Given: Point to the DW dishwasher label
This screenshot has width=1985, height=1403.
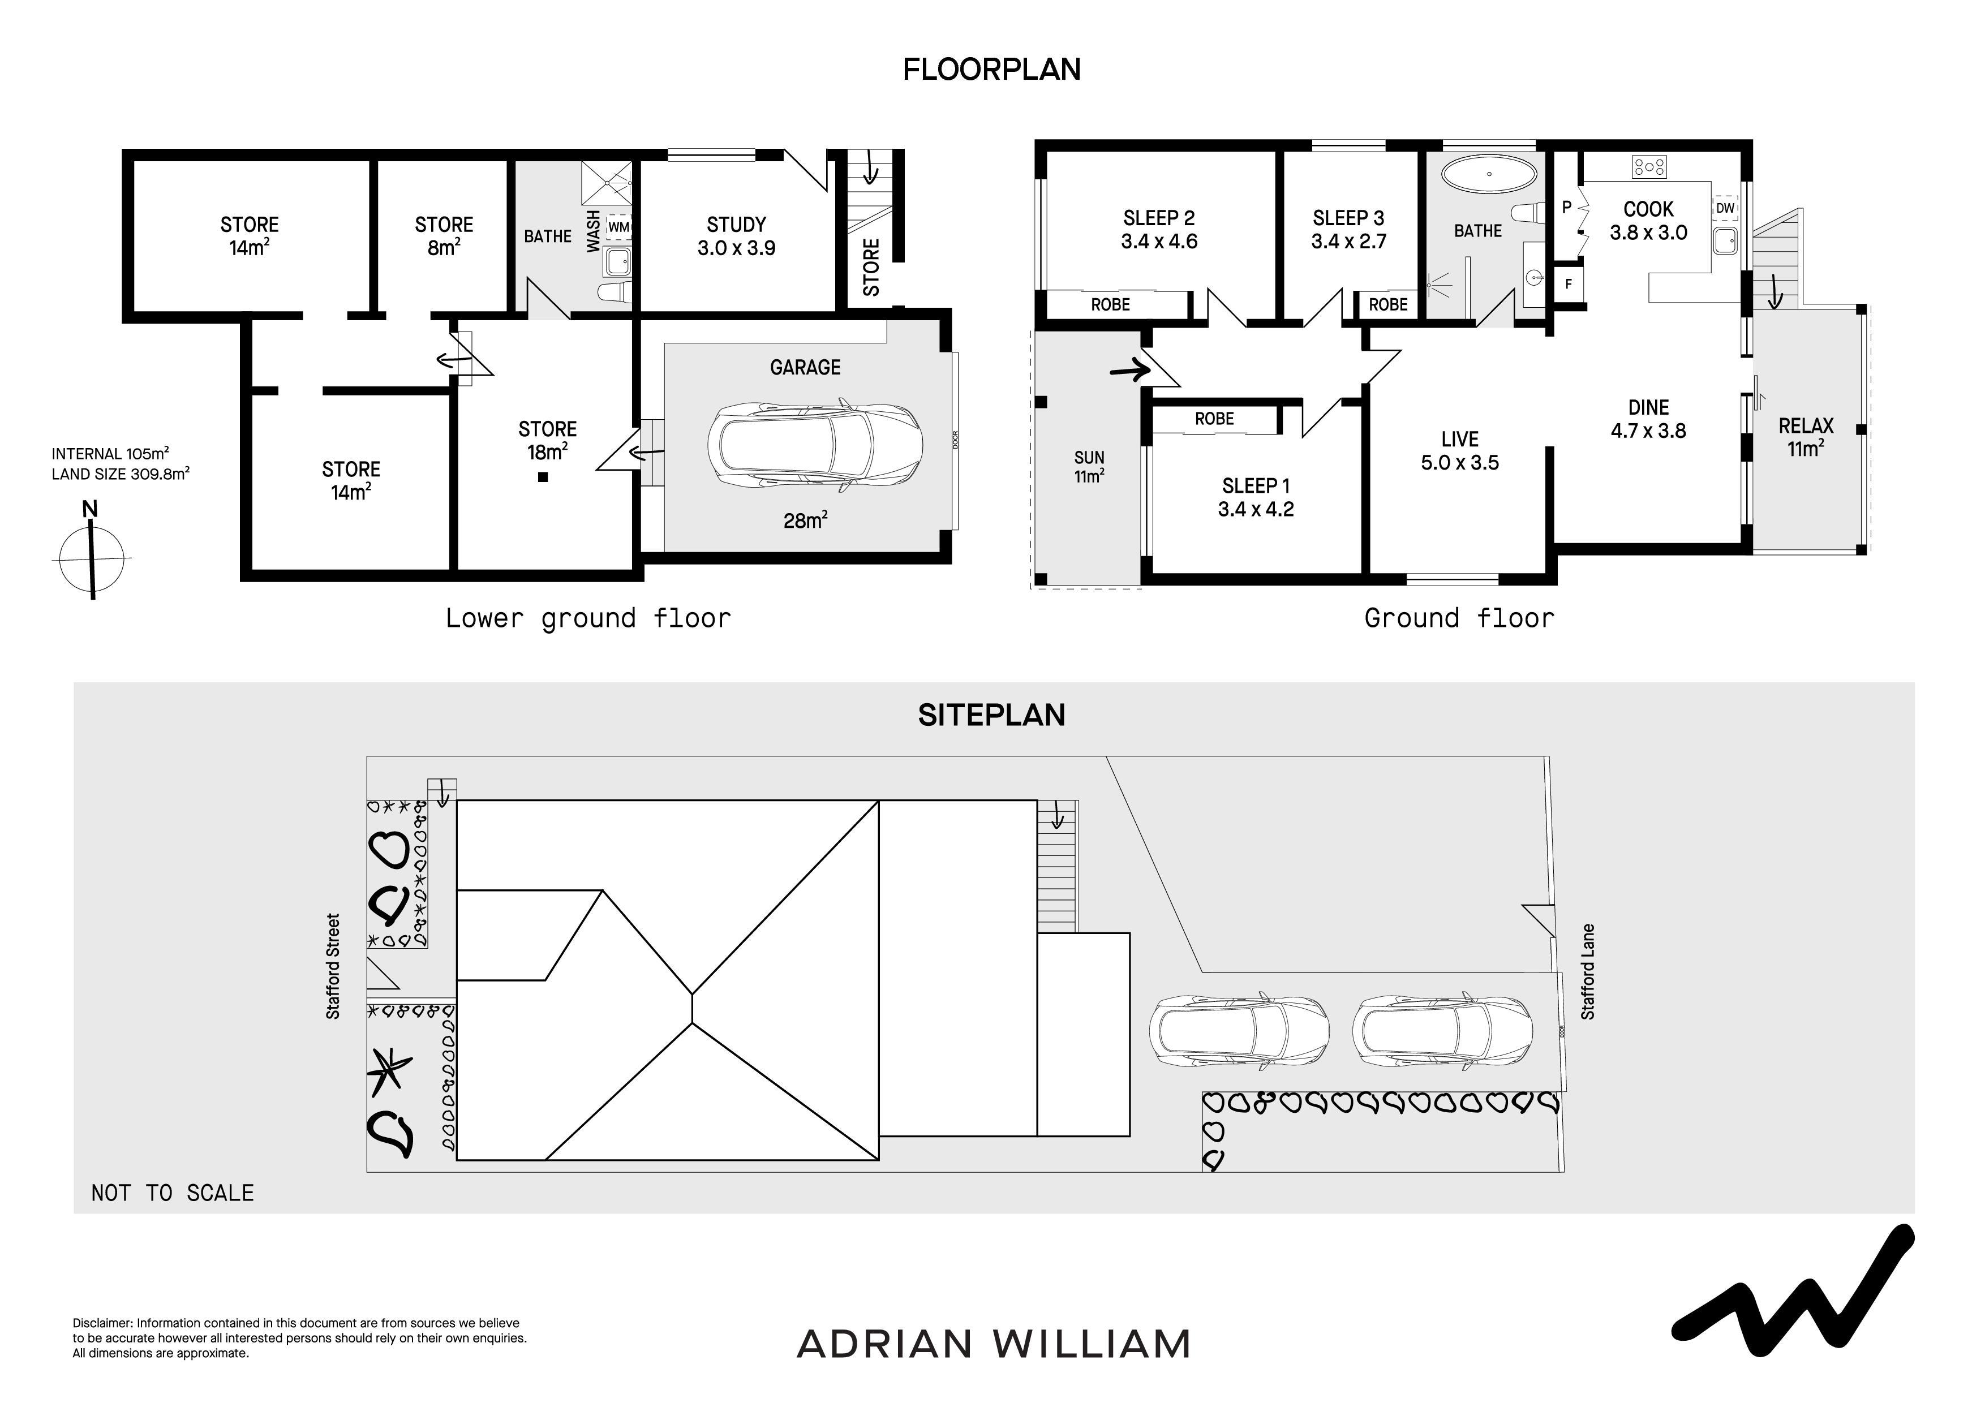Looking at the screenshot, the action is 1725,208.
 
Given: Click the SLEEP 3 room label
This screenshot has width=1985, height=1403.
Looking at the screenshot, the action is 1348,230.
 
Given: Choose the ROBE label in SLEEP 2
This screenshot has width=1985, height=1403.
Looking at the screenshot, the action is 1110,304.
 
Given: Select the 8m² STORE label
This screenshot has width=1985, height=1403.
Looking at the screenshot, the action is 444,236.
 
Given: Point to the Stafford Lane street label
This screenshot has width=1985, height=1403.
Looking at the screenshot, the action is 1587,972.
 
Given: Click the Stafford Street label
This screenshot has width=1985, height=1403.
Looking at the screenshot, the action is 333,966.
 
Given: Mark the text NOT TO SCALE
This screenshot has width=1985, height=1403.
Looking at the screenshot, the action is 173,1193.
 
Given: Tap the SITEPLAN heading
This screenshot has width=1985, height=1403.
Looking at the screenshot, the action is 991,715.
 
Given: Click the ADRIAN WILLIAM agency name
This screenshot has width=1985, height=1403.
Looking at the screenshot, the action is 994,1344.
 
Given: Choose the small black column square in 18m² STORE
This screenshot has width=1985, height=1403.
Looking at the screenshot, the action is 543,477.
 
